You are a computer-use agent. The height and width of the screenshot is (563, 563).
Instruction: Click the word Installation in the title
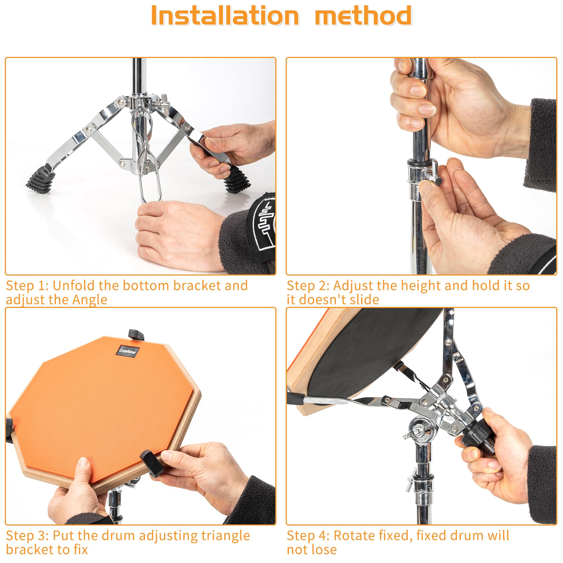coord(225,16)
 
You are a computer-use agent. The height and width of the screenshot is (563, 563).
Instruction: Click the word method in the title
coord(363,16)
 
